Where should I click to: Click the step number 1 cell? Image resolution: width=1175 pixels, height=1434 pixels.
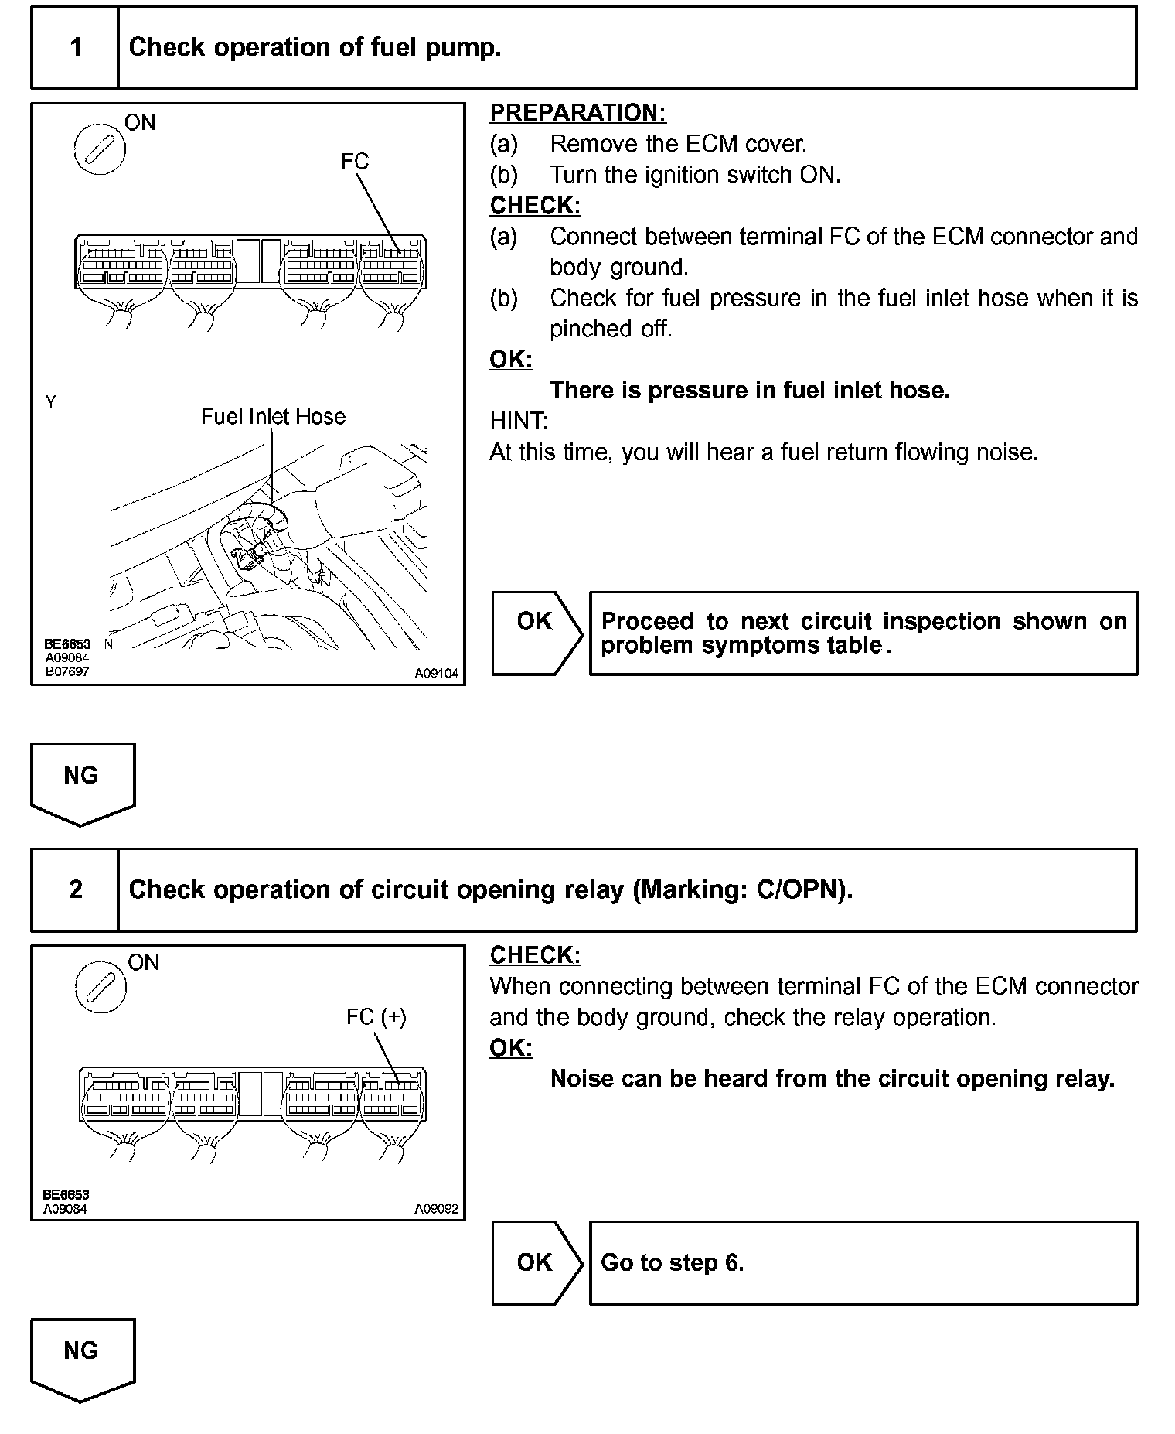(x=75, y=48)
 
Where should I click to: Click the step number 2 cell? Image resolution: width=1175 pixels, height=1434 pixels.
(x=75, y=889)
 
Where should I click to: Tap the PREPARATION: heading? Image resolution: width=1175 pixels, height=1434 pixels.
(x=577, y=113)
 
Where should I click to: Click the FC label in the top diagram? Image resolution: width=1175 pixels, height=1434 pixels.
(x=355, y=162)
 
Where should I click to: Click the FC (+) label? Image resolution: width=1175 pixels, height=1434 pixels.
(x=376, y=1016)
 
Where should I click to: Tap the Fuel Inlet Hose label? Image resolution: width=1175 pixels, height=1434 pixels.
(x=273, y=417)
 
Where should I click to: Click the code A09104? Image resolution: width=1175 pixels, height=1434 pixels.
(x=436, y=674)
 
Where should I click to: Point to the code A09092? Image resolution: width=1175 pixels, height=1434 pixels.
(x=436, y=1209)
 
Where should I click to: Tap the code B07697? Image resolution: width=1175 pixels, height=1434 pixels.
(x=66, y=671)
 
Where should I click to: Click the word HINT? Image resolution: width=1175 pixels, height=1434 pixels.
(x=519, y=422)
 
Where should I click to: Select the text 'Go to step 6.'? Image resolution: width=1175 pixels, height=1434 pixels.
(x=672, y=1263)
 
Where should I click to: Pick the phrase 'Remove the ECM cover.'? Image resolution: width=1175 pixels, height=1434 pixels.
(x=678, y=144)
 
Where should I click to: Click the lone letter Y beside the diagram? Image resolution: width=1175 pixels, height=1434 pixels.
(x=51, y=402)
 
